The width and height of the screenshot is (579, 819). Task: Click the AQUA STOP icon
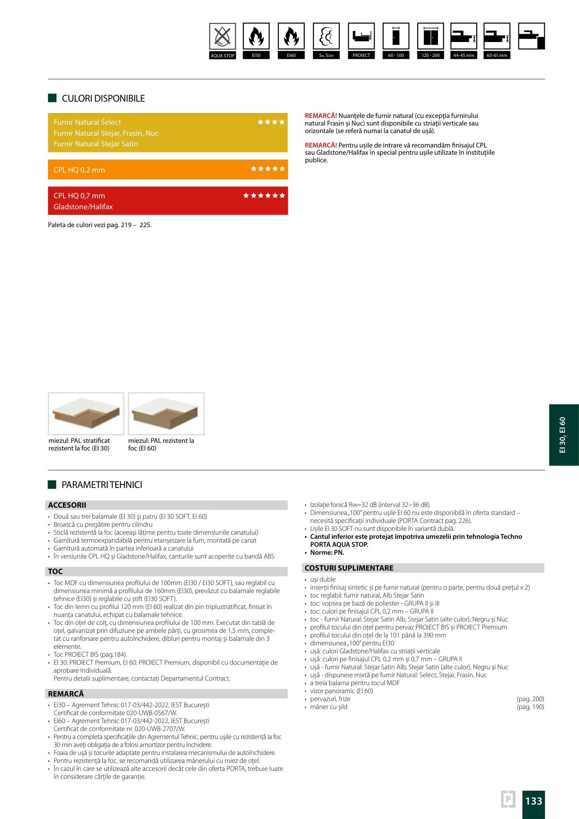[x=223, y=37]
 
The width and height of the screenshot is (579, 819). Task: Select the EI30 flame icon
[x=256, y=36]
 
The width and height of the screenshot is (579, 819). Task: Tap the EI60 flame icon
[x=291, y=36]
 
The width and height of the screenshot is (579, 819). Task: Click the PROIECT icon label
[x=361, y=55]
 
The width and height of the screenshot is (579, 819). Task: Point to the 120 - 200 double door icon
[x=431, y=36]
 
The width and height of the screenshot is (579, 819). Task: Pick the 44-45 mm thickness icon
[x=464, y=36]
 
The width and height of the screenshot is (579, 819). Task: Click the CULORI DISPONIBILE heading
[x=103, y=99]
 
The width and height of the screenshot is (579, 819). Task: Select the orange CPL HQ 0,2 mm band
[x=168, y=170]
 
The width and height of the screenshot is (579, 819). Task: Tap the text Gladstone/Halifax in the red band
[x=83, y=207]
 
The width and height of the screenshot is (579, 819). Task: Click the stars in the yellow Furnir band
[x=271, y=122]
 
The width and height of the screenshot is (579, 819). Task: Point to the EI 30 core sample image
[x=86, y=414]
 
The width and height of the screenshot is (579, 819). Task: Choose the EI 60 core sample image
[x=166, y=414]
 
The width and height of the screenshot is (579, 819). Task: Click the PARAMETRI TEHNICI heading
[x=102, y=485]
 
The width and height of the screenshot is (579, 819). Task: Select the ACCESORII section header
[x=67, y=505]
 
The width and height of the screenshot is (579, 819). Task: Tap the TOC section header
[x=55, y=571]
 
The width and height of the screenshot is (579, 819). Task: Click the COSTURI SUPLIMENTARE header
[x=349, y=568]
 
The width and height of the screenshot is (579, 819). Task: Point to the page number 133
[x=533, y=801]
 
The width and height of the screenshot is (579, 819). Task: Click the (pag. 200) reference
[x=530, y=699]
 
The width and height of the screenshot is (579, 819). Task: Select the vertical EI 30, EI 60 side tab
[x=563, y=435]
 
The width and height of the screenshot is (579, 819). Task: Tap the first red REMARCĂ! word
[x=321, y=116]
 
